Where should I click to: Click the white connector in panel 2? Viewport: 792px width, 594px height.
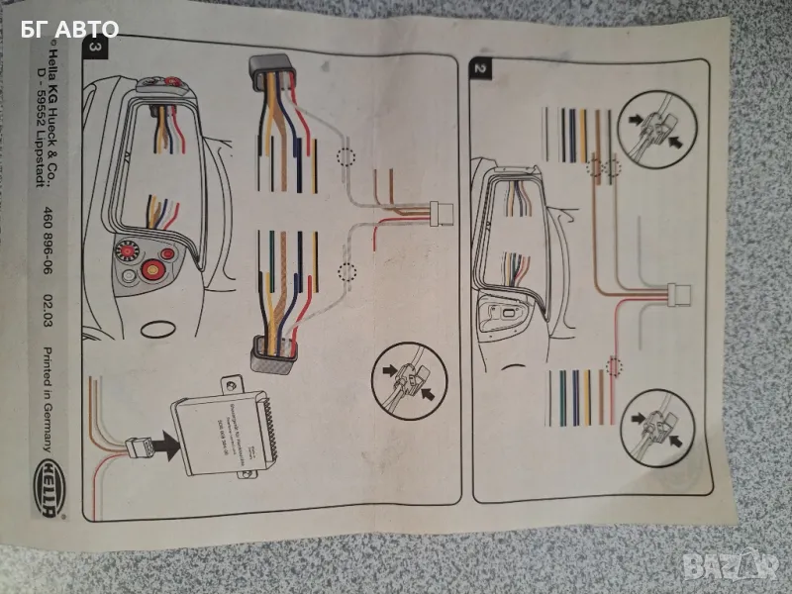pos(678,293)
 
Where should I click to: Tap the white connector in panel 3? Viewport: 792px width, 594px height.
pos(442,211)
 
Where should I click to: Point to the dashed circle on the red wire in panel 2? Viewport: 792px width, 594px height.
pos(616,367)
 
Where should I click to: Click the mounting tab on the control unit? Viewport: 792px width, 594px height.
pos(229,382)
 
